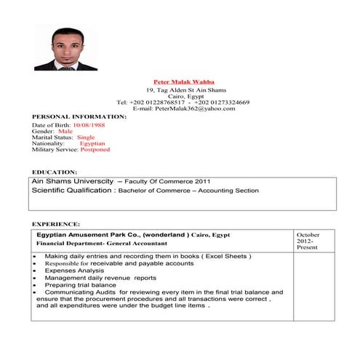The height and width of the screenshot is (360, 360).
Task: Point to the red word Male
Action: [x=76, y=131]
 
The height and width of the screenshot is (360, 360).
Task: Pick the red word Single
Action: [x=86, y=137]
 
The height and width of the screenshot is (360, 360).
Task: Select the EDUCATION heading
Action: [x=55, y=172]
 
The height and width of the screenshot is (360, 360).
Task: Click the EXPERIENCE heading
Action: [x=56, y=223]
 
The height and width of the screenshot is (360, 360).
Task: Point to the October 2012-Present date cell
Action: [x=308, y=241]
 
